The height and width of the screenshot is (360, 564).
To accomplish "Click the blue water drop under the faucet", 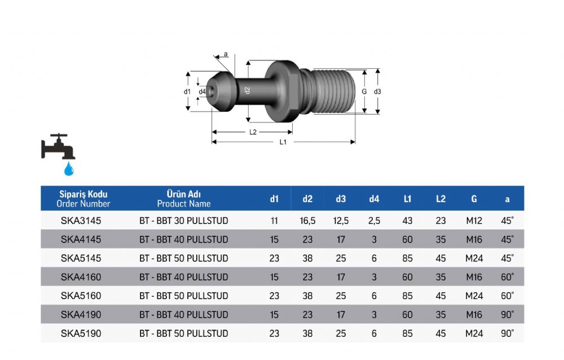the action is (x=69, y=169).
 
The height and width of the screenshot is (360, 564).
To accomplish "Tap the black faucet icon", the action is (x=58, y=147).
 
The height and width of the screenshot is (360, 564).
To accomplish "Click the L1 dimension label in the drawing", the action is (x=283, y=142).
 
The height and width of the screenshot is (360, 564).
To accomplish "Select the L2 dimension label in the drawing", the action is (x=253, y=132).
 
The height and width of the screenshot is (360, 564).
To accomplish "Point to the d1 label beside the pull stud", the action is (x=187, y=92).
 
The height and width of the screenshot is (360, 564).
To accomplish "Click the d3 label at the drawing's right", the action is (x=377, y=92).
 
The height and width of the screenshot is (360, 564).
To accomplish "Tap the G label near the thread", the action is (x=364, y=92).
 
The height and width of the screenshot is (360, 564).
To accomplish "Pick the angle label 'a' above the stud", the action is (x=226, y=54).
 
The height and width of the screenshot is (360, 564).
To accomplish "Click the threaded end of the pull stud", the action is (x=333, y=91).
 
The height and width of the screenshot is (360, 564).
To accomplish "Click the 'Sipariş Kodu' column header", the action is (x=83, y=194).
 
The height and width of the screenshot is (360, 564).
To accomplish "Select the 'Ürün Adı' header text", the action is (x=184, y=194).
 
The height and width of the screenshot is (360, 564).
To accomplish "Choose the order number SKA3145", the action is (x=81, y=221).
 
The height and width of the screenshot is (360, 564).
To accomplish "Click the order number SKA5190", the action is (x=81, y=333).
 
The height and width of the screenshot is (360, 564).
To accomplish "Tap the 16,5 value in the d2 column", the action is (x=307, y=221).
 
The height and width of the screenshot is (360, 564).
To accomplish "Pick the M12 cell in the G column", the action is (x=474, y=221).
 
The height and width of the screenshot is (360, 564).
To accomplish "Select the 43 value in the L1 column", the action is (x=408, y=221).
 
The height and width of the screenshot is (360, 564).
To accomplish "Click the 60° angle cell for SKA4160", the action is (x=507, y=277).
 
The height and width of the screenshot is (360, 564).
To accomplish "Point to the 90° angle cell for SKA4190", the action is (x=507, y=314).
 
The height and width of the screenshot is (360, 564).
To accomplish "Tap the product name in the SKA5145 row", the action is (x=184, y=258).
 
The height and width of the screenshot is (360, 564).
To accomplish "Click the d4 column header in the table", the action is (x=374, y=199).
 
